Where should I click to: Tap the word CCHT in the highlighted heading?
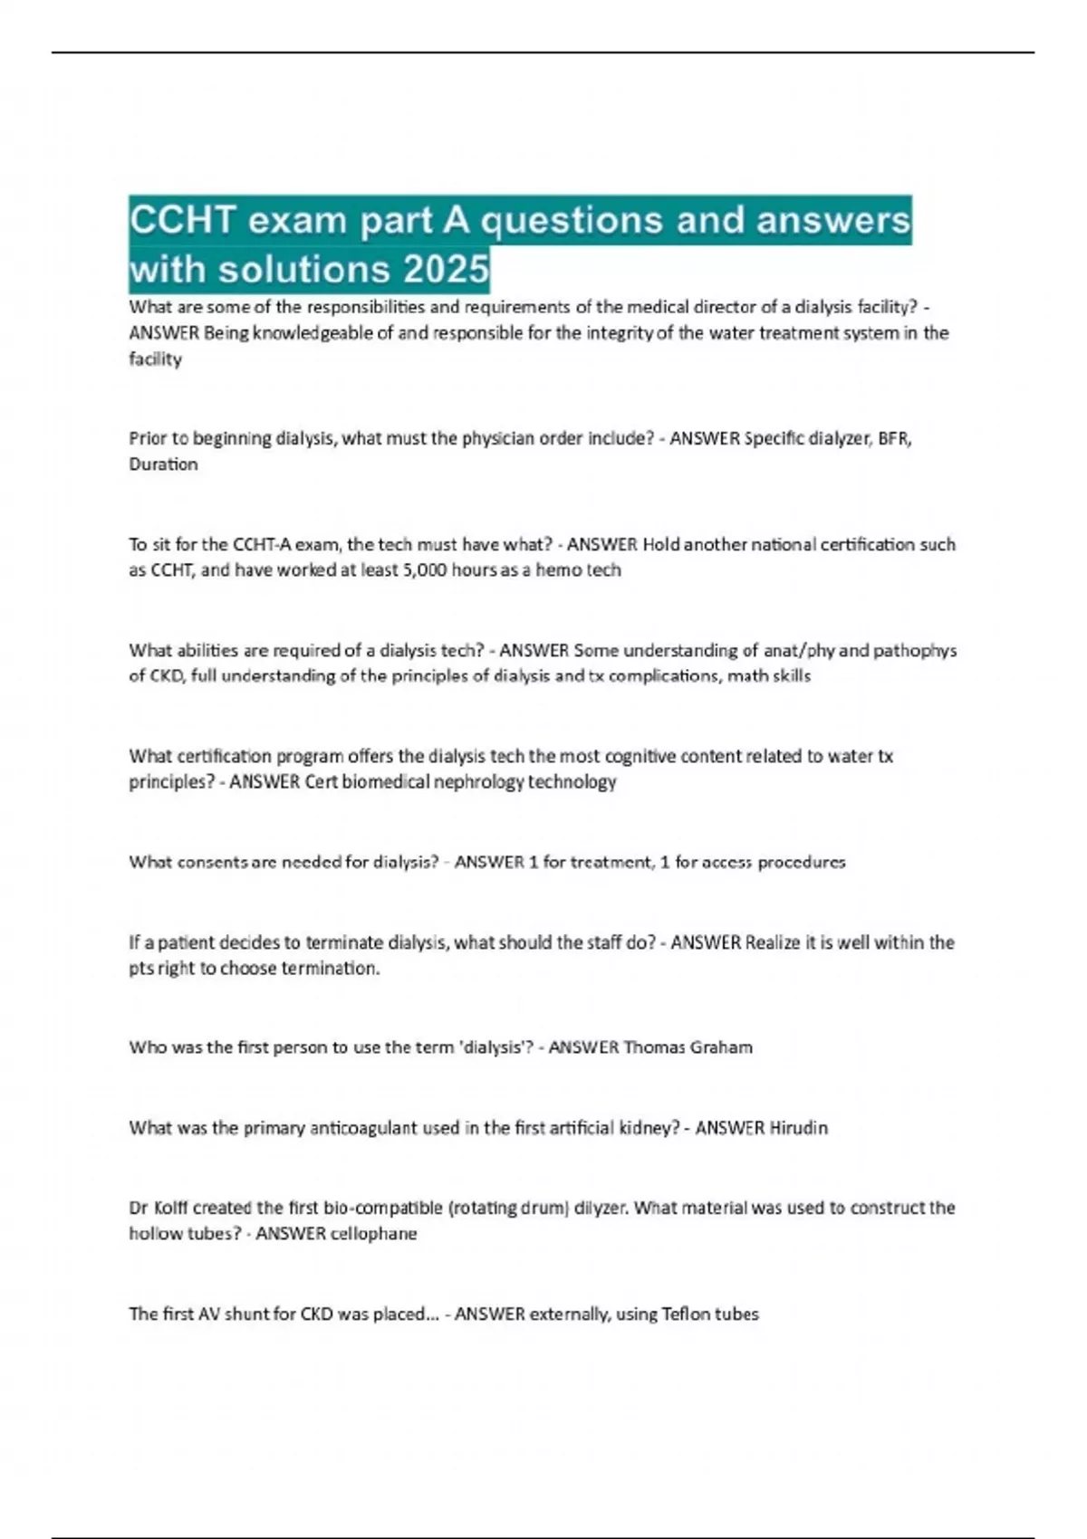pos(184,220)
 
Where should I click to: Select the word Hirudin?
pos(798,1128)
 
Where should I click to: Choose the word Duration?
pos(163,464)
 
